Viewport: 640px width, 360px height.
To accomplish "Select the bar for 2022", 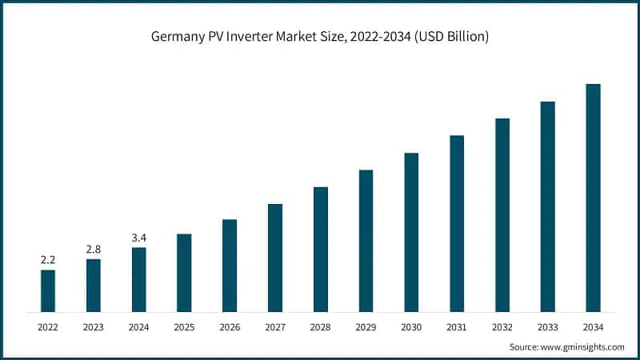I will coord(48,290).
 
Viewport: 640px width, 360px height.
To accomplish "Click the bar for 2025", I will coord(184,273).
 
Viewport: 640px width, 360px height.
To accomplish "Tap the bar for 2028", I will coord(321,249).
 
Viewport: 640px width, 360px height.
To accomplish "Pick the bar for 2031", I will coord(457,223).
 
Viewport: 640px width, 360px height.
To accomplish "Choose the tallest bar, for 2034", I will coord(593,198).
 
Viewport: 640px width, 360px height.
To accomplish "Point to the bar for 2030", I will coord(411,232).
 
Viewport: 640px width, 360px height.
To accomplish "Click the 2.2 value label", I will coord(48,260).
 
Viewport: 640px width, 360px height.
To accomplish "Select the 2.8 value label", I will coord(94,250).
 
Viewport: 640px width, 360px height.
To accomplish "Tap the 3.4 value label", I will coord(139,238).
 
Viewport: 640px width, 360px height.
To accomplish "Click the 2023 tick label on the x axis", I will coord(94,326).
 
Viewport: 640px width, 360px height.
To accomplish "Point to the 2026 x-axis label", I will coord(230,326).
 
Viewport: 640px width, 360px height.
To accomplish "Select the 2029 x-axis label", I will coord(366,326).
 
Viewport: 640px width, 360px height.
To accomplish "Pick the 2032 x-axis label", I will coord(502,326).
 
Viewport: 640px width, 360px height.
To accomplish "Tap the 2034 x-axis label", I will coord(593,326).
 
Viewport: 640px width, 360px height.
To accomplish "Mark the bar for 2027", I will coord(275,258).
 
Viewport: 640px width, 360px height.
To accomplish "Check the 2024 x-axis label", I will coord(139,326).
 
